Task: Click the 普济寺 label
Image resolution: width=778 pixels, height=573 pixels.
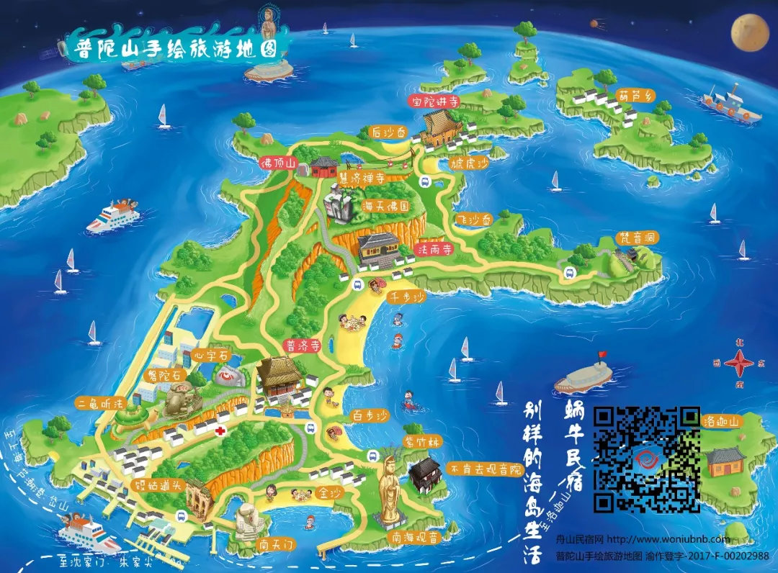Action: click(303, 346)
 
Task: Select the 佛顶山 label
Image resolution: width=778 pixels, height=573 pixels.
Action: click(279, 164)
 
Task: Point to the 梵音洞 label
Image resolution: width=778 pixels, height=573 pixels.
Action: click(638, 238)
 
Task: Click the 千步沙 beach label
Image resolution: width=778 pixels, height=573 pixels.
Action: click(407, 297)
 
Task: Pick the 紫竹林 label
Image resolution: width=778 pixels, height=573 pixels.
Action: click(421, 442)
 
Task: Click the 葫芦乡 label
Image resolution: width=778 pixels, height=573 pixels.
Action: click(634, 94)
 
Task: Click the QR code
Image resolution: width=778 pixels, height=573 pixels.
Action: click(646, 459)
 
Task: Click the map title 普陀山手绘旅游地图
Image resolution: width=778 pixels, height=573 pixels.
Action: click(176, 48)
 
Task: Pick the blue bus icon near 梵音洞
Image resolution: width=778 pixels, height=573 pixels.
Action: click(569, 273)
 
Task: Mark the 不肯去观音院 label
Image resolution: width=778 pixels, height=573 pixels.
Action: click(486, 468)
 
